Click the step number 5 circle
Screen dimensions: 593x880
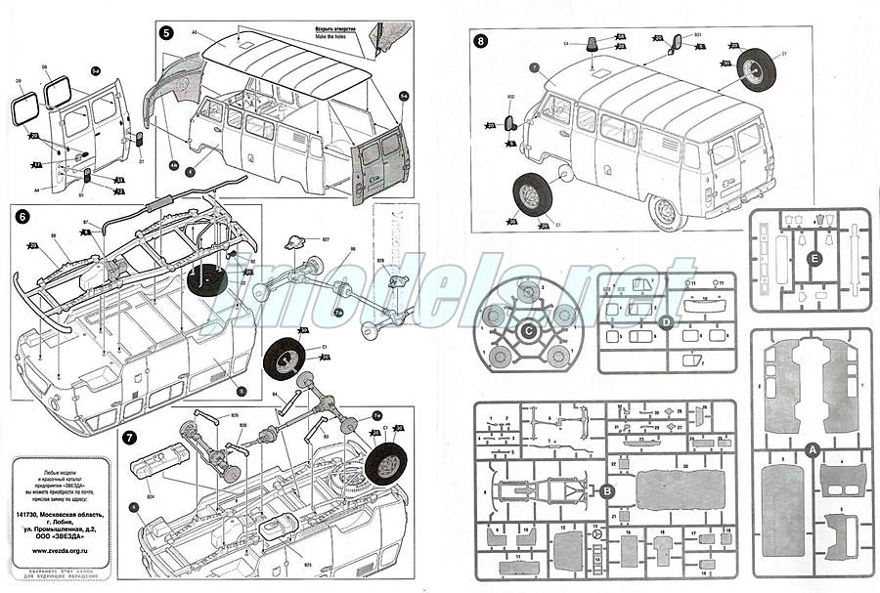click(x=167, y=33)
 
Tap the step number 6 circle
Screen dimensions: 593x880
click(x=23, y=217)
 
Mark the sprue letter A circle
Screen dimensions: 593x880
click(x=811, y=449)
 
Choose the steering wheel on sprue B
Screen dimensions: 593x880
click(x=596, y=538)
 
